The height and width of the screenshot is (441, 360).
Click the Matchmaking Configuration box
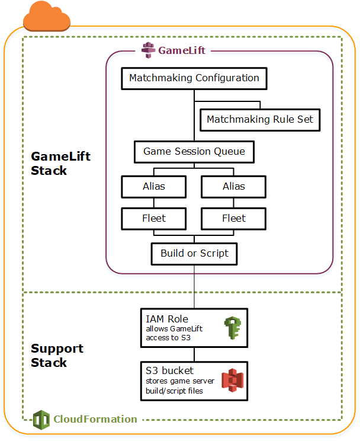click(x=194, y=78)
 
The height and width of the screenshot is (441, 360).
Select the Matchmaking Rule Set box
click(x=260, y=120)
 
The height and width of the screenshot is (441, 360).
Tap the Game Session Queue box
click(x=194, y=152)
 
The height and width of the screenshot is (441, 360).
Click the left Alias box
click(x=154, y=186)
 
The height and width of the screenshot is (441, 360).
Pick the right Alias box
click(x=234, y=186)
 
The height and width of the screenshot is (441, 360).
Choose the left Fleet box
click(x=154, y=218)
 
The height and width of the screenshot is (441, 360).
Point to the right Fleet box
click(x=234, y=218)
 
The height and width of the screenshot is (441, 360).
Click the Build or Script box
click(x=194, y=254)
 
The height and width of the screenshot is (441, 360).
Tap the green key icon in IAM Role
click(x=230, y=328)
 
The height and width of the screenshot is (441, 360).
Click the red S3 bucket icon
click(x=230, y=381)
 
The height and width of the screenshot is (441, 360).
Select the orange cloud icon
click(x=46, y=17)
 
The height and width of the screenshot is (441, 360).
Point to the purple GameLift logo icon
click(x=149, y=50)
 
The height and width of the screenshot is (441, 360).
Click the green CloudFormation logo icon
click(x=41, y=419)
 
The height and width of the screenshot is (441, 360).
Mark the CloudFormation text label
click(x=95, y=419)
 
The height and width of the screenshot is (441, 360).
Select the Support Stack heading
click(x=57, y=356)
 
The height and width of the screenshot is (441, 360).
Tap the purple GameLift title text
click(x=182, y=50)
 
